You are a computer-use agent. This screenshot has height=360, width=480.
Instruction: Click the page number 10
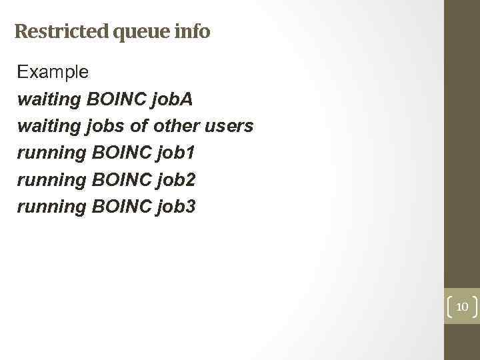click(462, 307)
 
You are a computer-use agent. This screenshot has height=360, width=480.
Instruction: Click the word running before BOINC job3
click(51, 207)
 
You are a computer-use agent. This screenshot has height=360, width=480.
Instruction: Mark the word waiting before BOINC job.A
click(49, 100)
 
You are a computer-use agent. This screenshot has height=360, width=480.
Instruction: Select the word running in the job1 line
click(51, 153)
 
